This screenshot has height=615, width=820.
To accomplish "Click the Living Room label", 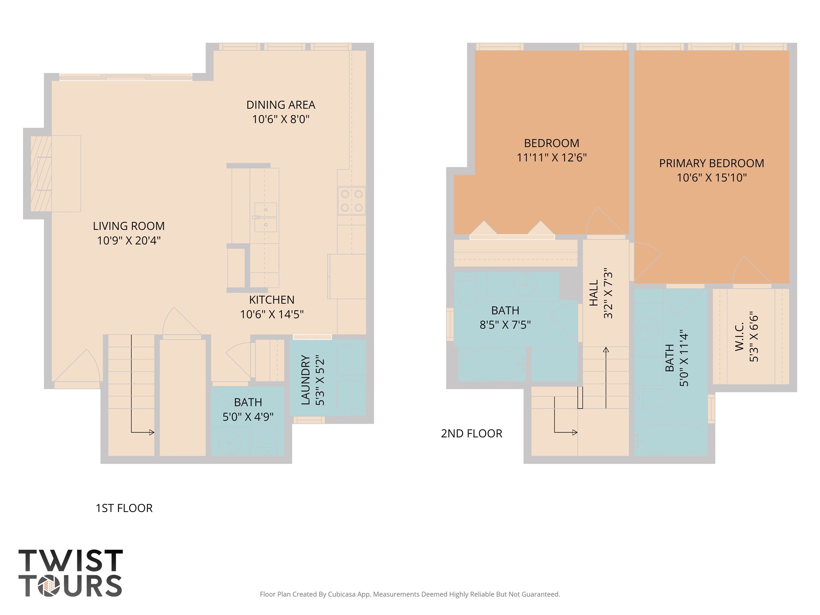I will (x=129, y=226).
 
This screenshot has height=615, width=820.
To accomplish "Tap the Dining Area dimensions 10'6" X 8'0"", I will (x=281, y=119).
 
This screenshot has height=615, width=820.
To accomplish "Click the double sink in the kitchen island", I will (x=265, y=217).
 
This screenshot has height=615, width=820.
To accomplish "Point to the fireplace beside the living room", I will (x=41, y=174).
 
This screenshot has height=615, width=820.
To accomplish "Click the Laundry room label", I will (x=305, y=380).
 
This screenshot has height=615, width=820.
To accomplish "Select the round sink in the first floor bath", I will (x=229, y=443).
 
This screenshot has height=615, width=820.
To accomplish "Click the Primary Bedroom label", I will (x=711, y=163).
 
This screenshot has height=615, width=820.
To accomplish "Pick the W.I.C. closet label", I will (x=739, y=337).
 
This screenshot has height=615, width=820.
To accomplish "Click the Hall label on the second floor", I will (x=594, y=293).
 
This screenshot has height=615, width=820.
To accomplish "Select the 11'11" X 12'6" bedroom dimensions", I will (x=551, y=158).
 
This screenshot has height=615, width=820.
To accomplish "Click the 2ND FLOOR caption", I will (x=471, y=434).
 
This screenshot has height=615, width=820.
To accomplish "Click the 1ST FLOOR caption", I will (x=124, y=508).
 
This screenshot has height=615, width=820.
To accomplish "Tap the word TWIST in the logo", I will (x=70, y=561).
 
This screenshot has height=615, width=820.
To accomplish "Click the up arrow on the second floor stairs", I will (x=606, y=350).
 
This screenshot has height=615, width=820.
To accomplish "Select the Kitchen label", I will (x=271, y=300).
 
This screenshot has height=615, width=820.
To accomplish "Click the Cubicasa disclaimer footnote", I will (x=410, y=594).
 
